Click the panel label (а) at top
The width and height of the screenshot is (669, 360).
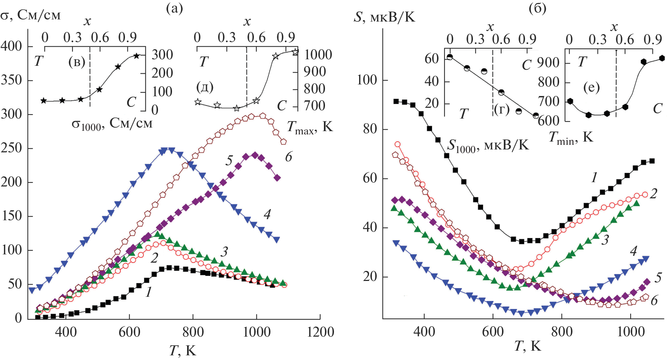(x=174, y=8)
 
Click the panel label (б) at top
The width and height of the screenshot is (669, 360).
(x=538, y=8)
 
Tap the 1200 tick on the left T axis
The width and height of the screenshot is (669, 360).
(x=320, y=332)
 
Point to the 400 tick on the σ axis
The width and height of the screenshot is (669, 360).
(x=11, y=46)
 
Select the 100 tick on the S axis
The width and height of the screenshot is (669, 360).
(x=367, y=80)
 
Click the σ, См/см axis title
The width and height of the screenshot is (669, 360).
(x=31, y=15)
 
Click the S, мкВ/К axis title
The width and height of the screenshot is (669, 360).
(x=384, y=17)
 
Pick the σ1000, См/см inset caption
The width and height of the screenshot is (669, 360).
(x=112, y=124)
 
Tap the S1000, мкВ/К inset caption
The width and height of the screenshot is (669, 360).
(x=488, y=146)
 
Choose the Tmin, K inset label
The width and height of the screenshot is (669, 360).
(x=571, y=138)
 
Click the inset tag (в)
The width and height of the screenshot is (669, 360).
(x=77, y=63)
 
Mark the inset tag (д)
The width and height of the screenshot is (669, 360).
(x=205, y=87)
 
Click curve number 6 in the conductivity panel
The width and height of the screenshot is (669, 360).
(x=289, y=157)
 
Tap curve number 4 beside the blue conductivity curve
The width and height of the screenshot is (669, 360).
(x=267, y=214)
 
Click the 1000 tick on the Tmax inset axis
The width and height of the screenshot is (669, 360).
(x=318, y=55)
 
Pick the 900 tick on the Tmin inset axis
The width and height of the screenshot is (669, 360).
(x=549, y=63)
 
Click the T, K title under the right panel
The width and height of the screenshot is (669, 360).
(x=528, y=346)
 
